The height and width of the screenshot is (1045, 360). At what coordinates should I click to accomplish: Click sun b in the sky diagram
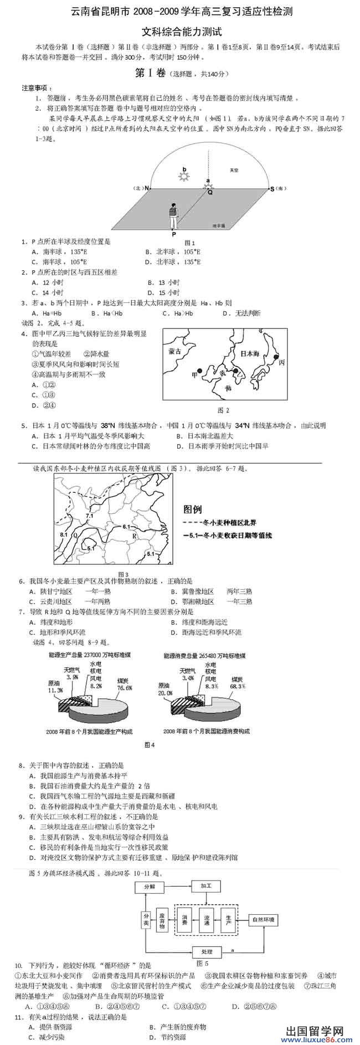(x=184, y=177)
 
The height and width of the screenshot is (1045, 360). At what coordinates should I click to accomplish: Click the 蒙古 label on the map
(x=176, y=351)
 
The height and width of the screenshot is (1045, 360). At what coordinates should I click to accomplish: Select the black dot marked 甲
(x=200, y=370)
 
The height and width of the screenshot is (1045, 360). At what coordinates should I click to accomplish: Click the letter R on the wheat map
(x=134, y=536)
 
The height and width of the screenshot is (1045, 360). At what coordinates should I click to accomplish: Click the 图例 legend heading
(x=192, y=509)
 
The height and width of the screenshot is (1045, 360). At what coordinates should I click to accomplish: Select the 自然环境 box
(x=264, y=920)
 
